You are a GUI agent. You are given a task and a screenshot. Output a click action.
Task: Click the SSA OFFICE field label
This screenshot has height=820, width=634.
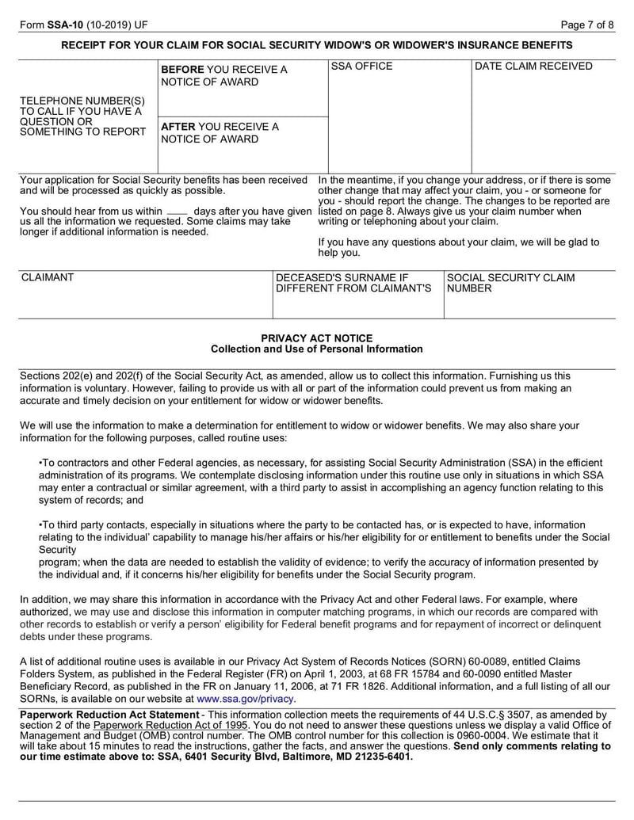(361, 67)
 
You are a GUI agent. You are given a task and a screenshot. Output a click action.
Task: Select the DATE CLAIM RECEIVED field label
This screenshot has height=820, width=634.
(533, 67)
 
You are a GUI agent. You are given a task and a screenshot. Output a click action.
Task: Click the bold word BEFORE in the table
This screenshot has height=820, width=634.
(182, 70)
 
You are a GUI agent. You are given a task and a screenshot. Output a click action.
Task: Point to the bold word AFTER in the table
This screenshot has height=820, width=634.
(178, 127)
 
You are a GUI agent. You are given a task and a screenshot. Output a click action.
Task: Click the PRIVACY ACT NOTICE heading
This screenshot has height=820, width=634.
(316, 338)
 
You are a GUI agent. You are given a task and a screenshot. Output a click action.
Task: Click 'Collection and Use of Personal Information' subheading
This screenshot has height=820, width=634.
(316, 349)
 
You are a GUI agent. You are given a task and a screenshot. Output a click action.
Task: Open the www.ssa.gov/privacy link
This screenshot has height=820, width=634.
(246, 700)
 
